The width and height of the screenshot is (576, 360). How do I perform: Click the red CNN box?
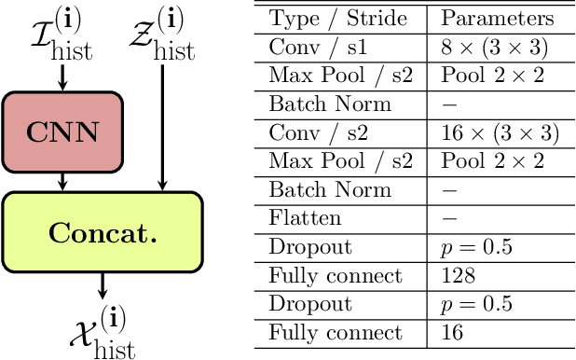pyautogui.click(x=62, y=132)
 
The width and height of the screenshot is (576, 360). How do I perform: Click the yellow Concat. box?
pyautogui.click(x=103, y=232)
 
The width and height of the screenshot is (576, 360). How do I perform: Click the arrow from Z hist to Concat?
pyautogui.click(x=163, y=131)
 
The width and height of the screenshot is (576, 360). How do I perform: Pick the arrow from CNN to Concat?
pyautogui.click(x=62, y=182)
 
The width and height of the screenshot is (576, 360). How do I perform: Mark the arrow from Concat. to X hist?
pyautogui.click(x=103, y=285)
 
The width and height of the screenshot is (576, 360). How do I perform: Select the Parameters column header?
pyautogui.click(x=497, y=19)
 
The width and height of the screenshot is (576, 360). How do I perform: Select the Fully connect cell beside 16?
pyautogui.click(x=322, y=332)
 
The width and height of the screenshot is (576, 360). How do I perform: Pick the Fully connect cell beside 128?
pyautogui.click(x=322, y=277)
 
